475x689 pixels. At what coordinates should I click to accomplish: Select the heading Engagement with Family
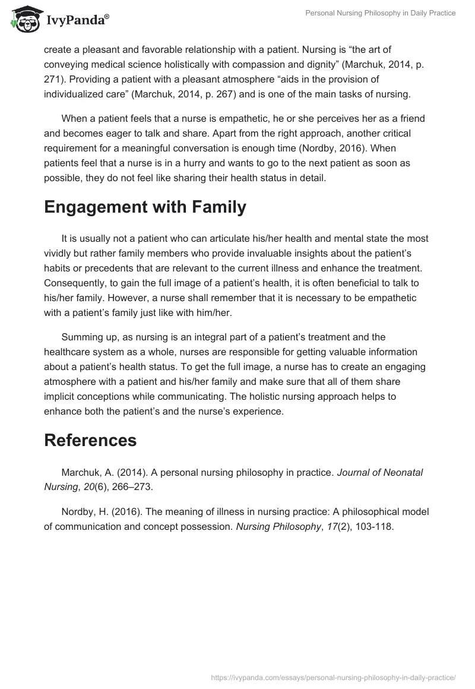[x=145, y=207]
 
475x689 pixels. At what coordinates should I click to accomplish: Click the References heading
[x=90, y=440]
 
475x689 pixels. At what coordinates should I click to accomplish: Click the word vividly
[x=60, y=253]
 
